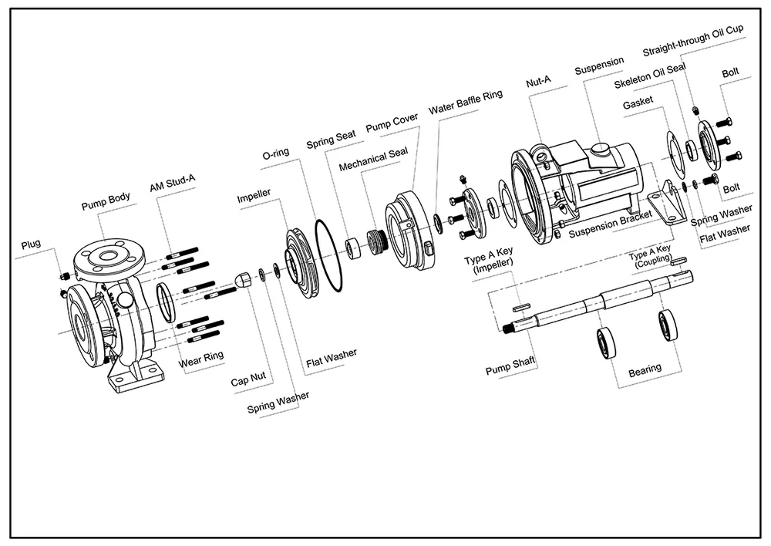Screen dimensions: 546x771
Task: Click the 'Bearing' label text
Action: [x=645, y=371]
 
